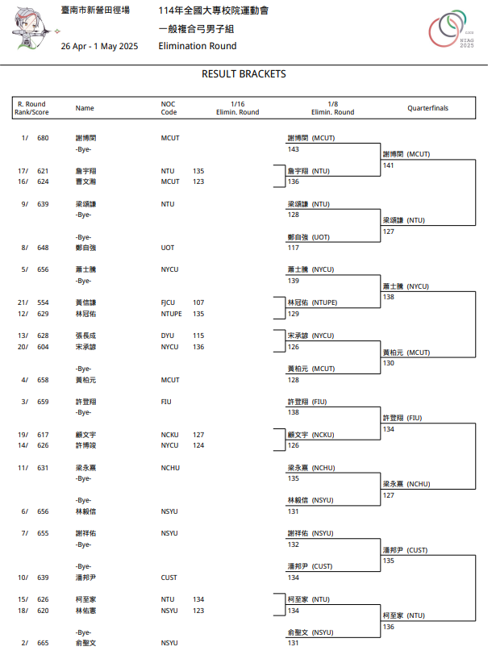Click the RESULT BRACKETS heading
pyautogui.click(x=244, y=74)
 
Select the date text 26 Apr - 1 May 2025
pyautogui.click(x=99, y=46)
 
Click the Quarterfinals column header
pyautogui.click(x=427, y=107)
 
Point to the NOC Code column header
pyautogui.click(x=168, y=107)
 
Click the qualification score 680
pyautogui.click(x=43, y=138)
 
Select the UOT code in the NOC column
pyautogui.click(x=168, y=248)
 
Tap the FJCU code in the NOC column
pyautogui.click(x=169, y=302)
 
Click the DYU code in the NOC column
pyautogui.click(x=168, y=336)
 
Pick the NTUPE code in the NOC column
pyautogui.click(x=172, y=314)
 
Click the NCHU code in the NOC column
pyautogui.click(x=169, y=467)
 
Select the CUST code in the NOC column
pyautogui.click(x=169, y=578)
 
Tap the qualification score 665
pyautogui.click(x=43, y=643)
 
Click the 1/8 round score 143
pyautogui.click(x=294, y=149)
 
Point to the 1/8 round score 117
pyautogui.click(x=294, y=248)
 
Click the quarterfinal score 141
pyautogui.click(x=389, y=165)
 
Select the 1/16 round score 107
pyautogui.click(x=198, y=302)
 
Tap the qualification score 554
pyautogui.click(x=43, y=302)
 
